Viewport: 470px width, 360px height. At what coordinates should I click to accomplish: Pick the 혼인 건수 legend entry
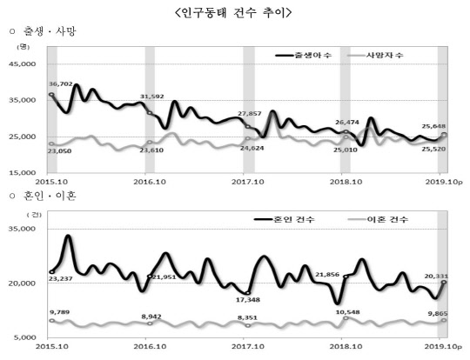tap(315, 219)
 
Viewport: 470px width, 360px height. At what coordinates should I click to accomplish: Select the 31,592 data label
tap(152, 97)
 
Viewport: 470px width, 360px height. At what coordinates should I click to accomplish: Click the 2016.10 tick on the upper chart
tap(152, 182)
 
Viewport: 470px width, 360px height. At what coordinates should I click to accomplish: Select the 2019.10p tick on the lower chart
tap(444, 346)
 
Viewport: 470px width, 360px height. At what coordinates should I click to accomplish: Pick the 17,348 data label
tap(250, 300)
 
